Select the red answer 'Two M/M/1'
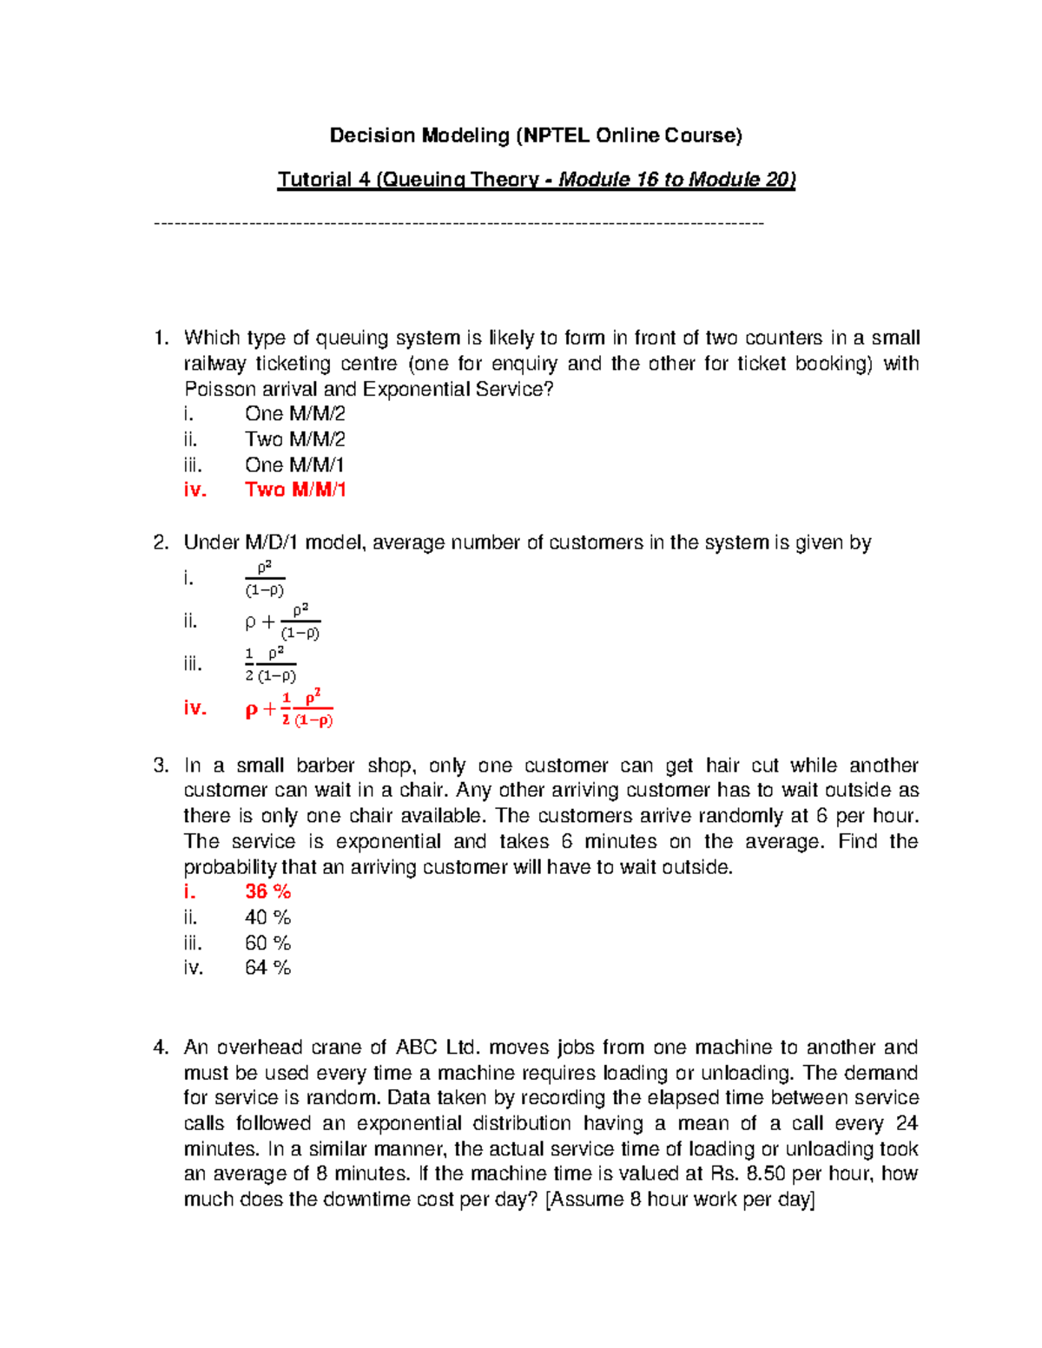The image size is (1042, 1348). pos(295,490)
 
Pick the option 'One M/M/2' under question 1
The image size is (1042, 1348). pos(294,414)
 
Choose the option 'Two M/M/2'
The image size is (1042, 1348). pos(294,439)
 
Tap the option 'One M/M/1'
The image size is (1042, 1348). pos(294,464)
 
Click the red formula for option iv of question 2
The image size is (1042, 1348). pos(290,708)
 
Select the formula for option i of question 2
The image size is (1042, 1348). pos(265,579)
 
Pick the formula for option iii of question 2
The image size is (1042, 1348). pos(271,665)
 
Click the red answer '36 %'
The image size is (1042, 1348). pos(267,891)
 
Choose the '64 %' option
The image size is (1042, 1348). pos(267,968)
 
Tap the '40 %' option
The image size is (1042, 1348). pos(267,917)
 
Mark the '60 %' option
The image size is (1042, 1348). pos(267,943)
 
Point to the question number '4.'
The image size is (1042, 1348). pos(161,1048)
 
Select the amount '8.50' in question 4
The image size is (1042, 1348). pos(761,1174)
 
